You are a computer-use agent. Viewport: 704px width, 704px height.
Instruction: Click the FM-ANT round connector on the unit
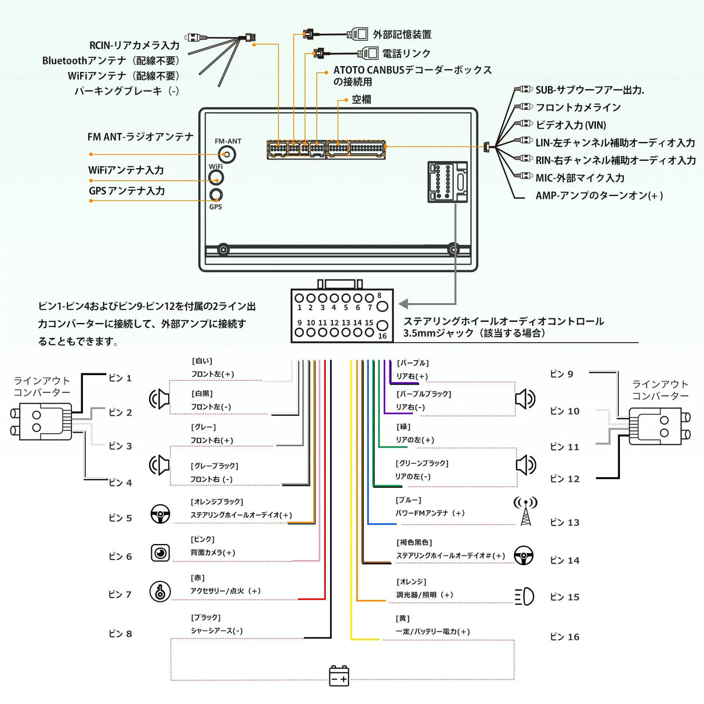pos(227,154)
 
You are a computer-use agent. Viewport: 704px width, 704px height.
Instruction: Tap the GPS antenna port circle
pos(216,195)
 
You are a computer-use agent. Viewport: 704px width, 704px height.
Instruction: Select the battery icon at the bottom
pos(339,676)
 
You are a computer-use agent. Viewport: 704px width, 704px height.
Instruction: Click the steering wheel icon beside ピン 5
pos(161,514)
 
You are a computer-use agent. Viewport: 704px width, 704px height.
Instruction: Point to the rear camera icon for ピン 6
pos(161,553)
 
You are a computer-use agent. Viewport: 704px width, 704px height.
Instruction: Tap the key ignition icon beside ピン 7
pos(160,591)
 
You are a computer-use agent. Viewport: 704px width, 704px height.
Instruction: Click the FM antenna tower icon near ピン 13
pos(525,511)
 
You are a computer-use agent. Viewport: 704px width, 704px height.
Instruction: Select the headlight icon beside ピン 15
pos(524,596)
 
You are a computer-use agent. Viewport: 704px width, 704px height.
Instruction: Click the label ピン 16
pos(564,637)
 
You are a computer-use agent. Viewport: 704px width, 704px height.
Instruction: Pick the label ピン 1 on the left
pos(120,378)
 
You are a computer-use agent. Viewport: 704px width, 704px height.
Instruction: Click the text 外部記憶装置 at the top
pos(402,35)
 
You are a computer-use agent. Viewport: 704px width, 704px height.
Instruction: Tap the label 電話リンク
pos(406,53)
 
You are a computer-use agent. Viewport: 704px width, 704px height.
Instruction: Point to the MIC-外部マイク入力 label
pos(580,178)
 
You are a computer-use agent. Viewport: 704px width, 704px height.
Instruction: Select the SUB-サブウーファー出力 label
pos(589,90)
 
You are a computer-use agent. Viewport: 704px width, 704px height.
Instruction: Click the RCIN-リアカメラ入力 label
pos(134,45)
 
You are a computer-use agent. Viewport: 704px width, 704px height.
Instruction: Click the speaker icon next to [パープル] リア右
pos(525,399)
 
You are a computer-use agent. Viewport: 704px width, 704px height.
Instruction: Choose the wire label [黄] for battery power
pos(402,619)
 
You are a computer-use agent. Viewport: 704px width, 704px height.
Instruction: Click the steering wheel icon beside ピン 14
pos(524,556)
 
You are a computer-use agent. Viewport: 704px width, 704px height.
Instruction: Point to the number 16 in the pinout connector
pos(382,336)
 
